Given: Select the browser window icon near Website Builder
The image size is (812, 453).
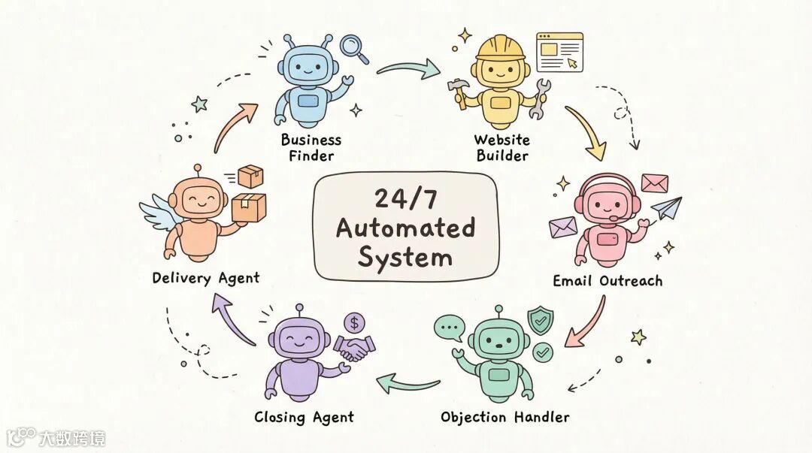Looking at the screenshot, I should click(559, 51).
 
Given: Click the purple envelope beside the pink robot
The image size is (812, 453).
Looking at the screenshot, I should click(562, 226).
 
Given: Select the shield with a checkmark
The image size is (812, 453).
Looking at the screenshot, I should click(539, 320).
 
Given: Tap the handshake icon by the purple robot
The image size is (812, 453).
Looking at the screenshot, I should click(355, 348).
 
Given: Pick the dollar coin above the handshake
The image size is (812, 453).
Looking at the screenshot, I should click(353, 323).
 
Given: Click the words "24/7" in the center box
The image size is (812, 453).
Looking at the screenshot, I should click(405, 198).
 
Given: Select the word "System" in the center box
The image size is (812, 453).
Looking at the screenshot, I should click(405, 257).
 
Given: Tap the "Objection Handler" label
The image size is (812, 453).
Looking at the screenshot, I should click(504, 417).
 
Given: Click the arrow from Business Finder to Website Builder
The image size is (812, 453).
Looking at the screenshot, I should click(409, 70).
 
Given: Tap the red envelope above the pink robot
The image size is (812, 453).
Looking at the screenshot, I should click(654, 183).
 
